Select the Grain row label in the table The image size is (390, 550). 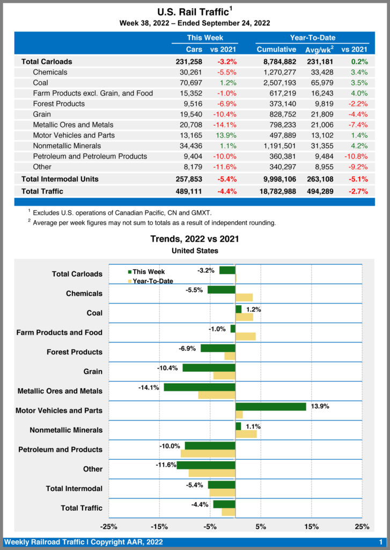(x=43, y=114)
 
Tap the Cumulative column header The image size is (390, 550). (x=276, y=49)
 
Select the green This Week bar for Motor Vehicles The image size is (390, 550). (x=270, y=407)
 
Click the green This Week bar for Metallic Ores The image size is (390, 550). (x=200, y=387)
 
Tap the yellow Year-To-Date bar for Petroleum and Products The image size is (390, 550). (x=208, y=453)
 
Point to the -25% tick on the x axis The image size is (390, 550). (x=109, y=526)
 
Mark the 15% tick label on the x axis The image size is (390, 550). (x=312, y=526)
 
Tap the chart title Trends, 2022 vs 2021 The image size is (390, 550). (x=195, y=239)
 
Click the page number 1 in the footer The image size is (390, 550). (x=380, y=542)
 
